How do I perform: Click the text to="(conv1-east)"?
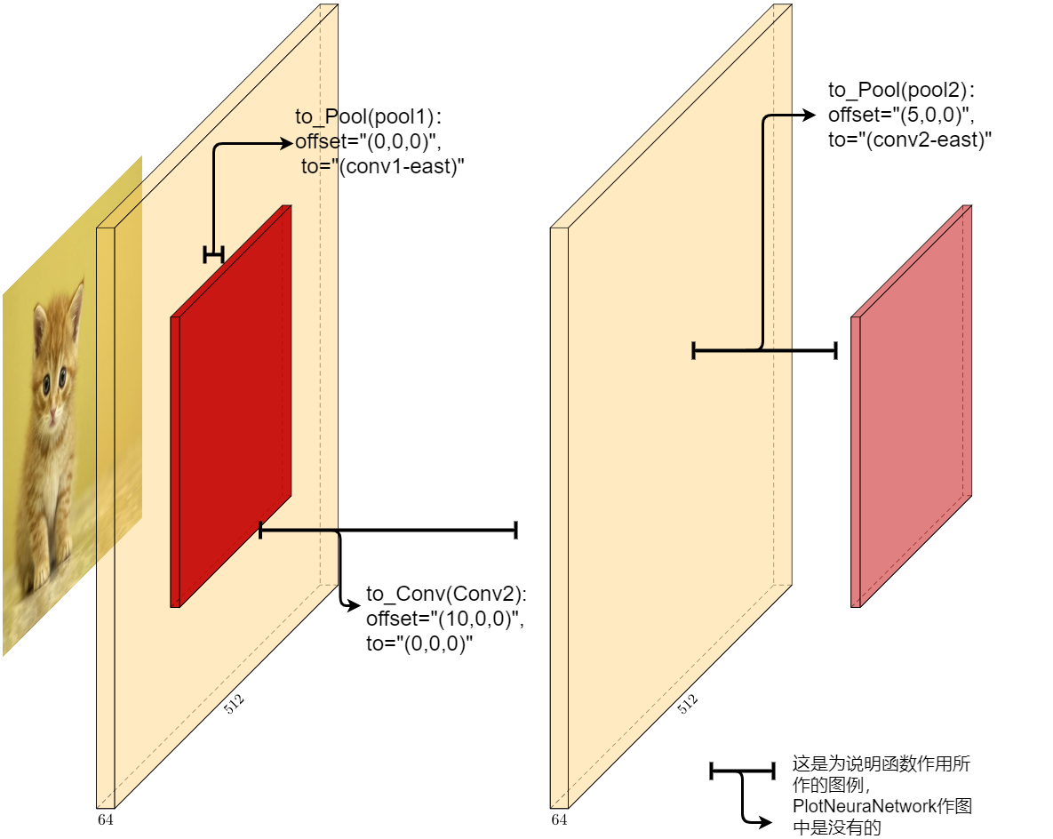point(384,166)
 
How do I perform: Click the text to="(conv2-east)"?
point(910,140)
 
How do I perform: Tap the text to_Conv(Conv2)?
point(446,595)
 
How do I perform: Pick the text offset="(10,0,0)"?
point(445,619)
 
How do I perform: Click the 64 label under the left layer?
point(106,819)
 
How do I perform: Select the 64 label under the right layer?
point(559,819)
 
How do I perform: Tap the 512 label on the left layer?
point(235,705)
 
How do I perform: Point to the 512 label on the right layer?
point(688,705)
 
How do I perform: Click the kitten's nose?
point(51,415)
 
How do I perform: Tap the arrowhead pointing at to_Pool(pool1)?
point(287,142)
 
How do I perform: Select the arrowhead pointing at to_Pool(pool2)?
point(810,116)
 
